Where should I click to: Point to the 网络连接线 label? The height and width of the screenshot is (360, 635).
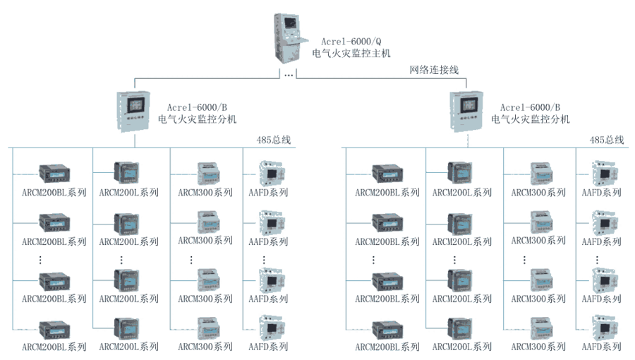(x=435, y=70)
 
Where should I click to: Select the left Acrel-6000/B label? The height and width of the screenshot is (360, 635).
(x=193, y=106)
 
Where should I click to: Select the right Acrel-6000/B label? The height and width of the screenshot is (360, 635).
(x=526, y=106)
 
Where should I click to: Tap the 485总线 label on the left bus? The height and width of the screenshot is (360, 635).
(x=274, y=140)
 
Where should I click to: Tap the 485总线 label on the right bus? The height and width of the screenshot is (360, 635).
(x=607, y=140)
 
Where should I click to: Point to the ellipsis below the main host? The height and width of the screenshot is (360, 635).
(x=288, y=74)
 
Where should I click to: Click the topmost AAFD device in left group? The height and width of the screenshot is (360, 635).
(x=271, y=172)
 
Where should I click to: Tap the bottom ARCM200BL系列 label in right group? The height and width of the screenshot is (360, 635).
(x=387, y=347)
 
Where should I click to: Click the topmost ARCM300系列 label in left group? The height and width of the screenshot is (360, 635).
(x=205, y=193)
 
